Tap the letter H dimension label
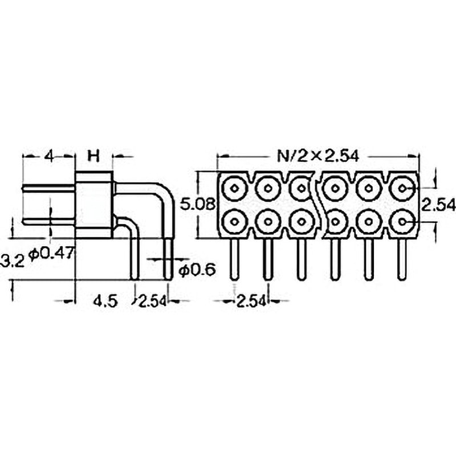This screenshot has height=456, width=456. tap(93, 156)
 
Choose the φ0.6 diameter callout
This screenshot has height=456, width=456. tap(197, 270)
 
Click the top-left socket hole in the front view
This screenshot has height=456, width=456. tap(234, 188)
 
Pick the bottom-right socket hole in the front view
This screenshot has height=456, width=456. tap(403, 221)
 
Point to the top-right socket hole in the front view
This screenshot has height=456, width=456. tap(403, 188)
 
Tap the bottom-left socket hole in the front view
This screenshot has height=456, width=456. tap(234, 221)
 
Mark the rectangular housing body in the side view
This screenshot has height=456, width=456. tap(93, 204)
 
